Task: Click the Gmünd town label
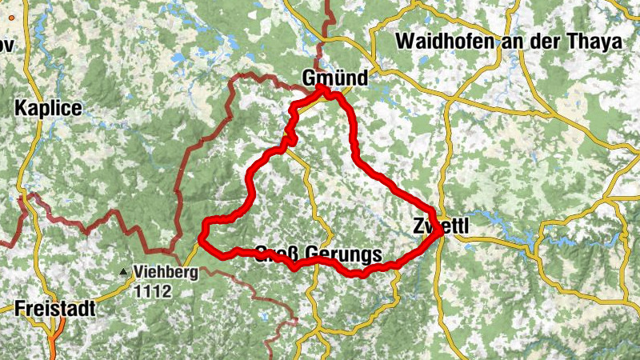click(x=335, y=78)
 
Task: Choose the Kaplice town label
click(x=48, y=108)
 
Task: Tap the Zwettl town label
click(x=440, y=226)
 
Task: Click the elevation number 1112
click(x=153, y=291)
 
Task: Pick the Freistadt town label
click(x=54, y=308)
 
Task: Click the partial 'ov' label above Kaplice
click(x=6, y=46)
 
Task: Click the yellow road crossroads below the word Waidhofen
click(x=454, y=99)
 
